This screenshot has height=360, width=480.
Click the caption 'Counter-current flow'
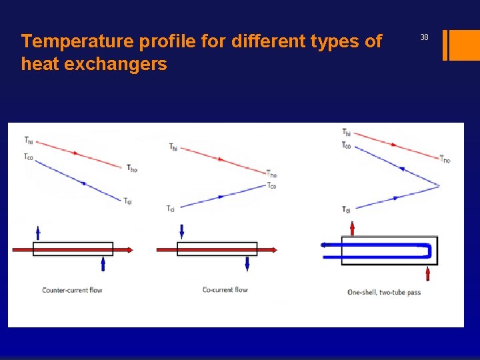click(x=72, y=290)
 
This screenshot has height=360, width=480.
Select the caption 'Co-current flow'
click(x=225, y=290)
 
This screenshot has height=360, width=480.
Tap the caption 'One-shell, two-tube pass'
click(x=384, y=292)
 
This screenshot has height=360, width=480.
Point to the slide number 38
click(x=424, y=38)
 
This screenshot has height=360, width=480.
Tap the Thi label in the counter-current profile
click(x=28, y=141)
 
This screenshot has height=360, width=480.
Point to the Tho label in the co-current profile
click(x=271, y=174)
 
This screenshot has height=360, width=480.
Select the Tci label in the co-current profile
click(x=171, y=209)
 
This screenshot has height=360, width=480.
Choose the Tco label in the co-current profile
click(x=271, y=186)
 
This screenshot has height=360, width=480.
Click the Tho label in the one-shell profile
click(x=445, y=159)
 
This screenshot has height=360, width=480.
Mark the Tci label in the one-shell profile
click(x=346, y=210)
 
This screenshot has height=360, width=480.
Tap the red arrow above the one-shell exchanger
click(x=353, y=228)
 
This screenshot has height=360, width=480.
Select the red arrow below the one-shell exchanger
click(x=427, y=273)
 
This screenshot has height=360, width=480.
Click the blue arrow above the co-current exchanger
click(x=181, y=231)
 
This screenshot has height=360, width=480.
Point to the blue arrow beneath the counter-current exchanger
click(x=103, y=264)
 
